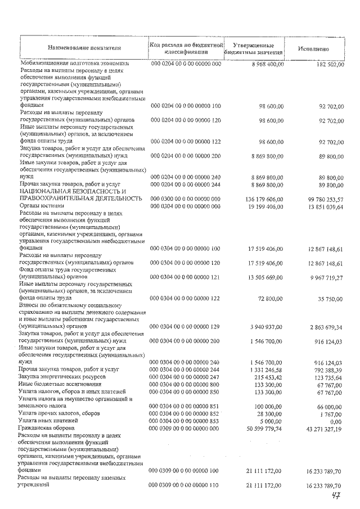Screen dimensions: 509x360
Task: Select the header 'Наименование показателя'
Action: pos(84,48)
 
